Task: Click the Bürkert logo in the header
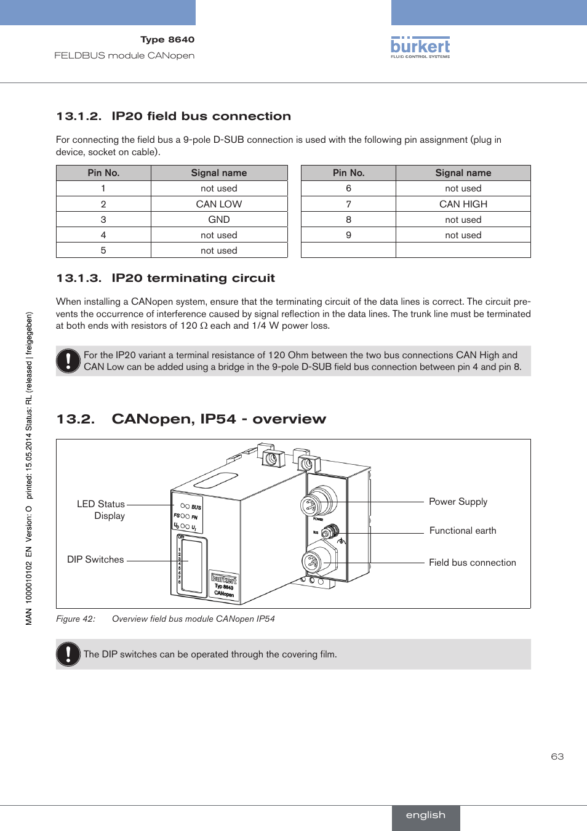tap(420, 47)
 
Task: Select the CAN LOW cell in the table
tap(218, 204)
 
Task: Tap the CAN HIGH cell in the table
tap(463, 204)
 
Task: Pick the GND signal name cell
tap(218, 219)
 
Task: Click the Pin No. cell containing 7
tap(348, 204)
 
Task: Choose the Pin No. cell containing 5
tap(103, 251)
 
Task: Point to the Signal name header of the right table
tap(463, 173)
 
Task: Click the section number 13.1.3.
tap(78, 278)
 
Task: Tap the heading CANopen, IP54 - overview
tap(218, 419)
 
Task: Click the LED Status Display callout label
tap(101, 510)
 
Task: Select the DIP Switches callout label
tap(95, 560)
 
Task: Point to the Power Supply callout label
tap(458, 502)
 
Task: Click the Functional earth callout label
tap(463, 531)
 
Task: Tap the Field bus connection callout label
tap(472, 563)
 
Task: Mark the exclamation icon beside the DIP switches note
tap(68, 654)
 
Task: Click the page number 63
tap(557, 757)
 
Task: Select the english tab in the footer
tap(425, 815)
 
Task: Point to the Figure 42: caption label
tap(76, 619)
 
